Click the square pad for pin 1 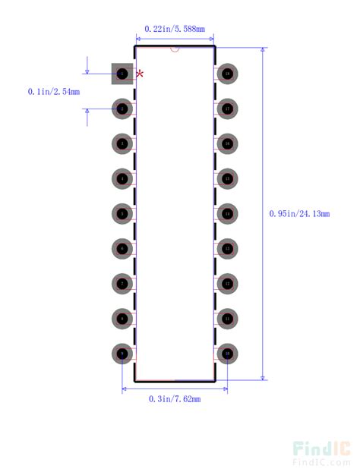[122, 74]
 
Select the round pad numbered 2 [122, 109]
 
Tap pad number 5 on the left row [122, 213]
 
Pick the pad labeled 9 [122, 353]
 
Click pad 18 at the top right [227, 74]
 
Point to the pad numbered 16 [227, 143]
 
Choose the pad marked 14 [227, 213]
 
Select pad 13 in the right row [227, 248]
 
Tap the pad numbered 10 [227, 353]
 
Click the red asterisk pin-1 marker [140, 74]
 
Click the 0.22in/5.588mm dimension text [174, 29]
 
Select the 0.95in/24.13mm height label [299, 214]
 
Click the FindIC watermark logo [321, 452]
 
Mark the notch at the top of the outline [175, 49]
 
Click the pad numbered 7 [122, 283]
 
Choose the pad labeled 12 [227, 283]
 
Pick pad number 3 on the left [122, 143]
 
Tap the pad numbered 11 [227, 318]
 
